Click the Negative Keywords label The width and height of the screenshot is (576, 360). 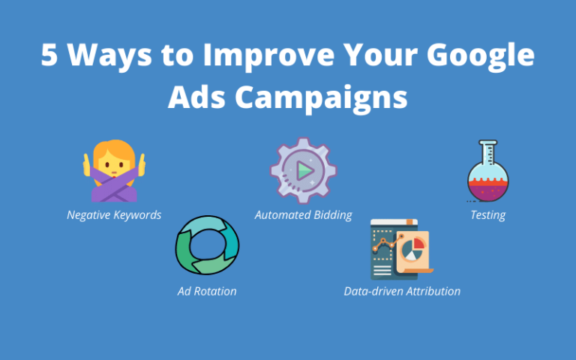(114, 215)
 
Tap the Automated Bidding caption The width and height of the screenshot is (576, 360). (303, 215)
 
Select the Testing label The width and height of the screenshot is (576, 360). (487, 215)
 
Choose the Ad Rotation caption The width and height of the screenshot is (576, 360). (207, 291)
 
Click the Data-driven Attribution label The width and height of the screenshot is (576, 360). (402, 291)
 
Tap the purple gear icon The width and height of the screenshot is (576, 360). (303, 171)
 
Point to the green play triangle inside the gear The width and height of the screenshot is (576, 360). (304, 171)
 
